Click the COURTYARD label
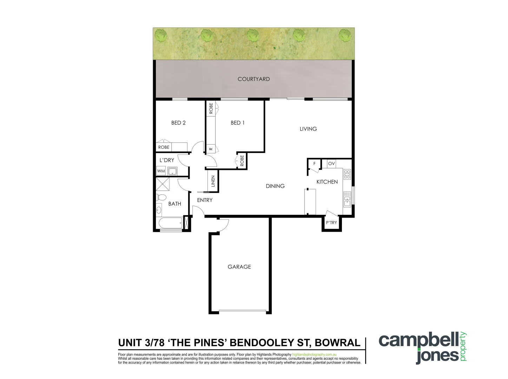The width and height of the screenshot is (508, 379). (253, 79)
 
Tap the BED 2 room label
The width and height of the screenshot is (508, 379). (178, 123)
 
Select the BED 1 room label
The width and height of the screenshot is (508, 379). (237, 123)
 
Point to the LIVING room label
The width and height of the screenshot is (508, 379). (308, 129)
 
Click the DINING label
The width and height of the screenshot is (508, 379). (275, 186)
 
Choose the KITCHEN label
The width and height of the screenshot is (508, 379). (327, 182)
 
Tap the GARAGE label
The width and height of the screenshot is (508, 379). (239, 267)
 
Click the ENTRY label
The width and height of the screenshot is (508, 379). (205, 200)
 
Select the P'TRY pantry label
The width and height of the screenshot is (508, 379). (331, 223)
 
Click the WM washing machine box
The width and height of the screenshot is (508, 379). (161, 171)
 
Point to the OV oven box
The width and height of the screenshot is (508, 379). (331, 164)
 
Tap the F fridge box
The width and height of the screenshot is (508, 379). (315, 164)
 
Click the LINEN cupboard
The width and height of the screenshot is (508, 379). (213, 181)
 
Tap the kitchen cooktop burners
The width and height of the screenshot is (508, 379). (347, 174)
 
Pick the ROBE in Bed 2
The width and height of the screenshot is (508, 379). (164, 147)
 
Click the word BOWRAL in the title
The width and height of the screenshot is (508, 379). (337, 343)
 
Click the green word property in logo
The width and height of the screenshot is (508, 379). (463, 347)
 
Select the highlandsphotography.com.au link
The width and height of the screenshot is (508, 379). (314, 355)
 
